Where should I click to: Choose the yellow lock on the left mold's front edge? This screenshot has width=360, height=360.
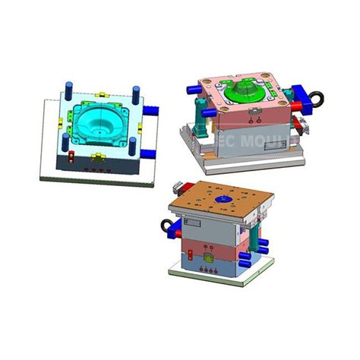99,157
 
